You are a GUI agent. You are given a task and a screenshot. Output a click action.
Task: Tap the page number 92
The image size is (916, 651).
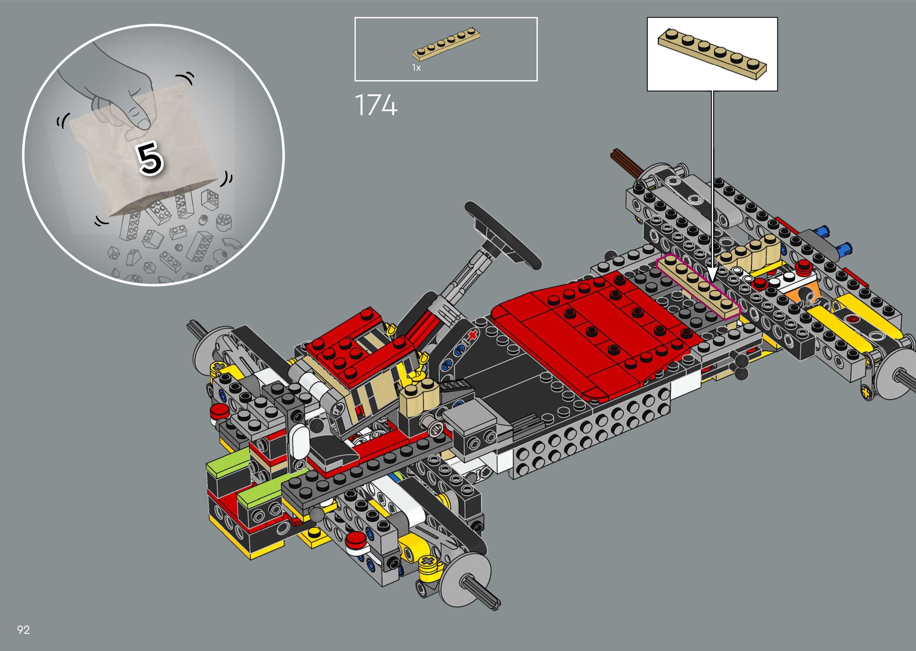pos(24,630)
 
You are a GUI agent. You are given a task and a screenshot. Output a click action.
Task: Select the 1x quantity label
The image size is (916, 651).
pos(416,68)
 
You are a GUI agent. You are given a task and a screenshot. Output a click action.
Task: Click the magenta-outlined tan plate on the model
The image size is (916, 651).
pos(698,286)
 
